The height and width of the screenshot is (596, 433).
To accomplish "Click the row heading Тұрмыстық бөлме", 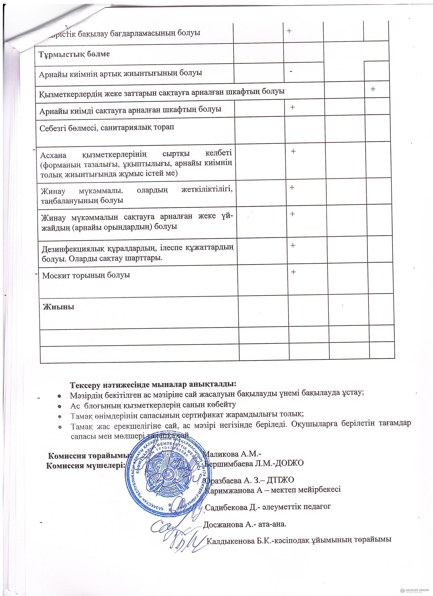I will [74, 54].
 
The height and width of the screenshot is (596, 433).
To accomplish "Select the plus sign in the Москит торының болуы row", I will [293, 271].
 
